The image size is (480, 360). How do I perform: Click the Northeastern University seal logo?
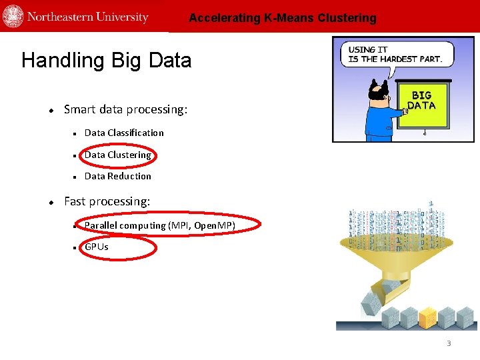13,16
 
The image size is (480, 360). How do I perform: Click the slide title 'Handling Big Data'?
106,61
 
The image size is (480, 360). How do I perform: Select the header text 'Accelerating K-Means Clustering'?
282,18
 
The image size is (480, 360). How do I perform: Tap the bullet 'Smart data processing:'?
125,109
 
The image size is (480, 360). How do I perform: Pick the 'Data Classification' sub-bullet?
124,133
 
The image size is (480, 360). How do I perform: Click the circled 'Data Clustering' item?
118,155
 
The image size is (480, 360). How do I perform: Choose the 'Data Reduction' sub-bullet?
118,176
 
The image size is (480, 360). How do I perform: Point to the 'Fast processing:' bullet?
107,201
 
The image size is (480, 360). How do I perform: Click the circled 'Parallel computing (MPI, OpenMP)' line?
160,225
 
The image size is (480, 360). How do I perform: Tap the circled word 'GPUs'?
96,247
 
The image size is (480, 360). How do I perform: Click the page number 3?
449,343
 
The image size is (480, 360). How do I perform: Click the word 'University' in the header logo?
123,17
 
